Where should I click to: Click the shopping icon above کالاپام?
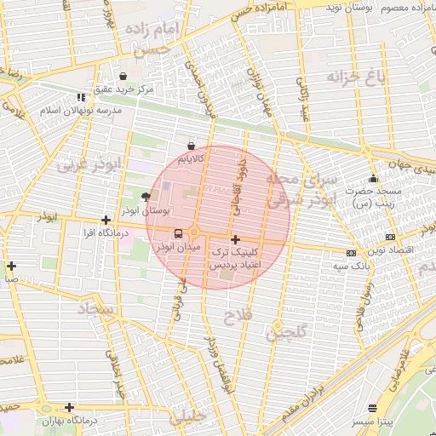pos(190,146)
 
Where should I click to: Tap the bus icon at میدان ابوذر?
pos(178,233)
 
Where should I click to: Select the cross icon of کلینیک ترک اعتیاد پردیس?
pos(235,240)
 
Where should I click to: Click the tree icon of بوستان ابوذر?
pos(156,197)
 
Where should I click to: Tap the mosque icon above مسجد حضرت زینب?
pos(372,179)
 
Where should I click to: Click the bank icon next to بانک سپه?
pos(351,253)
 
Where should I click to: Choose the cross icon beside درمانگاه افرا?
pos(106,220)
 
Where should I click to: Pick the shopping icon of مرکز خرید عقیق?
pos(123,76)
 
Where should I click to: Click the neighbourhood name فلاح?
pos(234,318)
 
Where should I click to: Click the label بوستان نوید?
pos(352,7)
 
